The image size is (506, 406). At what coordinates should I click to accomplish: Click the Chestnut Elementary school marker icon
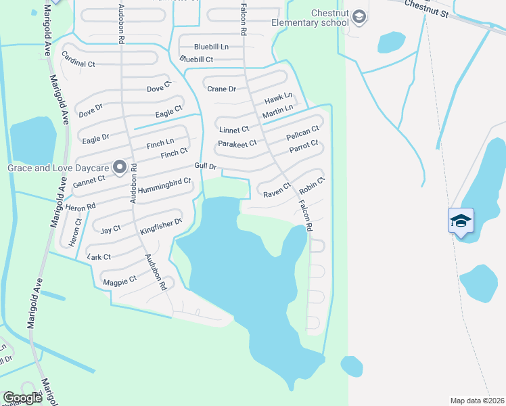point(359,17)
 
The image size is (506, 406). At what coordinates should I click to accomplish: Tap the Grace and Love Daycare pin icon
point(120,166)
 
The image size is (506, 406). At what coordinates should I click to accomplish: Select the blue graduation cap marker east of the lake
point(460,221)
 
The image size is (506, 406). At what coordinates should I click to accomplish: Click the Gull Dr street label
point(205,166)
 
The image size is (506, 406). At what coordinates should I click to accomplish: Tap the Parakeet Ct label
point(237,143)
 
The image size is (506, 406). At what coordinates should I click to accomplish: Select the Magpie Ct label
point(120,279)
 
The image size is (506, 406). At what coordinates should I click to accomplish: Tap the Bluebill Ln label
point(211,47)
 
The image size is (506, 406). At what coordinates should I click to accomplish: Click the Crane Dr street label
point(221,89)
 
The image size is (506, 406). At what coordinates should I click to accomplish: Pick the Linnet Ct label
point(233,129)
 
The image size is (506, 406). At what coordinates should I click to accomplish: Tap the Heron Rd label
point(80,206)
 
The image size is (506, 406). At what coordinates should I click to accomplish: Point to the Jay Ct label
point(110,229)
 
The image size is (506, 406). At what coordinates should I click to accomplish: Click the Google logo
point(23,398)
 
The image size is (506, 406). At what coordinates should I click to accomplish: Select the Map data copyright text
point(476,401)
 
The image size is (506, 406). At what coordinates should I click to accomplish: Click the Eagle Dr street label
point(95,139)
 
